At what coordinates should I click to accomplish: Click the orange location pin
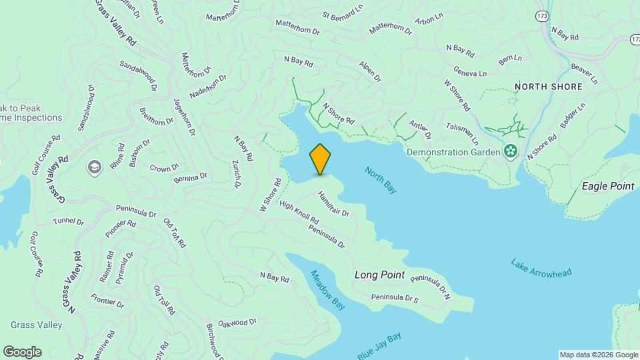click(x=320, y=159)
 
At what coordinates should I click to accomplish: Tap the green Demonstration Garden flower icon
click(x=511, y=152)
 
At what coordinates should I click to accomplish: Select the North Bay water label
click(x=381, y=180)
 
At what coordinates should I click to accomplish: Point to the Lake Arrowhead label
click(x=541, y=267)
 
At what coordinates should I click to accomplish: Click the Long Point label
click(x=379, y=275)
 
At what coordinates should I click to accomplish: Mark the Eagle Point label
click(x=608, y=186)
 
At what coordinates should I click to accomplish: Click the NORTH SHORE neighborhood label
click(x=548, y=87)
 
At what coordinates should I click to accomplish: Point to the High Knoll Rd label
click(x=299, y=213)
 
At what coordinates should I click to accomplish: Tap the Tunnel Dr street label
click(x=69, y=221)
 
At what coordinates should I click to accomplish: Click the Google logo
click(x=22, y=352)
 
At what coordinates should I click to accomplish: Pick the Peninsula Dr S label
click(x=395, y=298)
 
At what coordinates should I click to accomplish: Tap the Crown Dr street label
click(x=164, y=168)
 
